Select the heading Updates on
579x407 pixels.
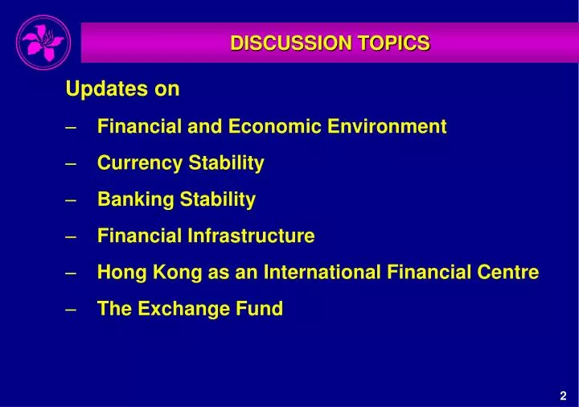122,89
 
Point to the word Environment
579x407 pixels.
392,126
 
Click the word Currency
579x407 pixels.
140,163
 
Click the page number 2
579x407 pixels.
563,395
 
